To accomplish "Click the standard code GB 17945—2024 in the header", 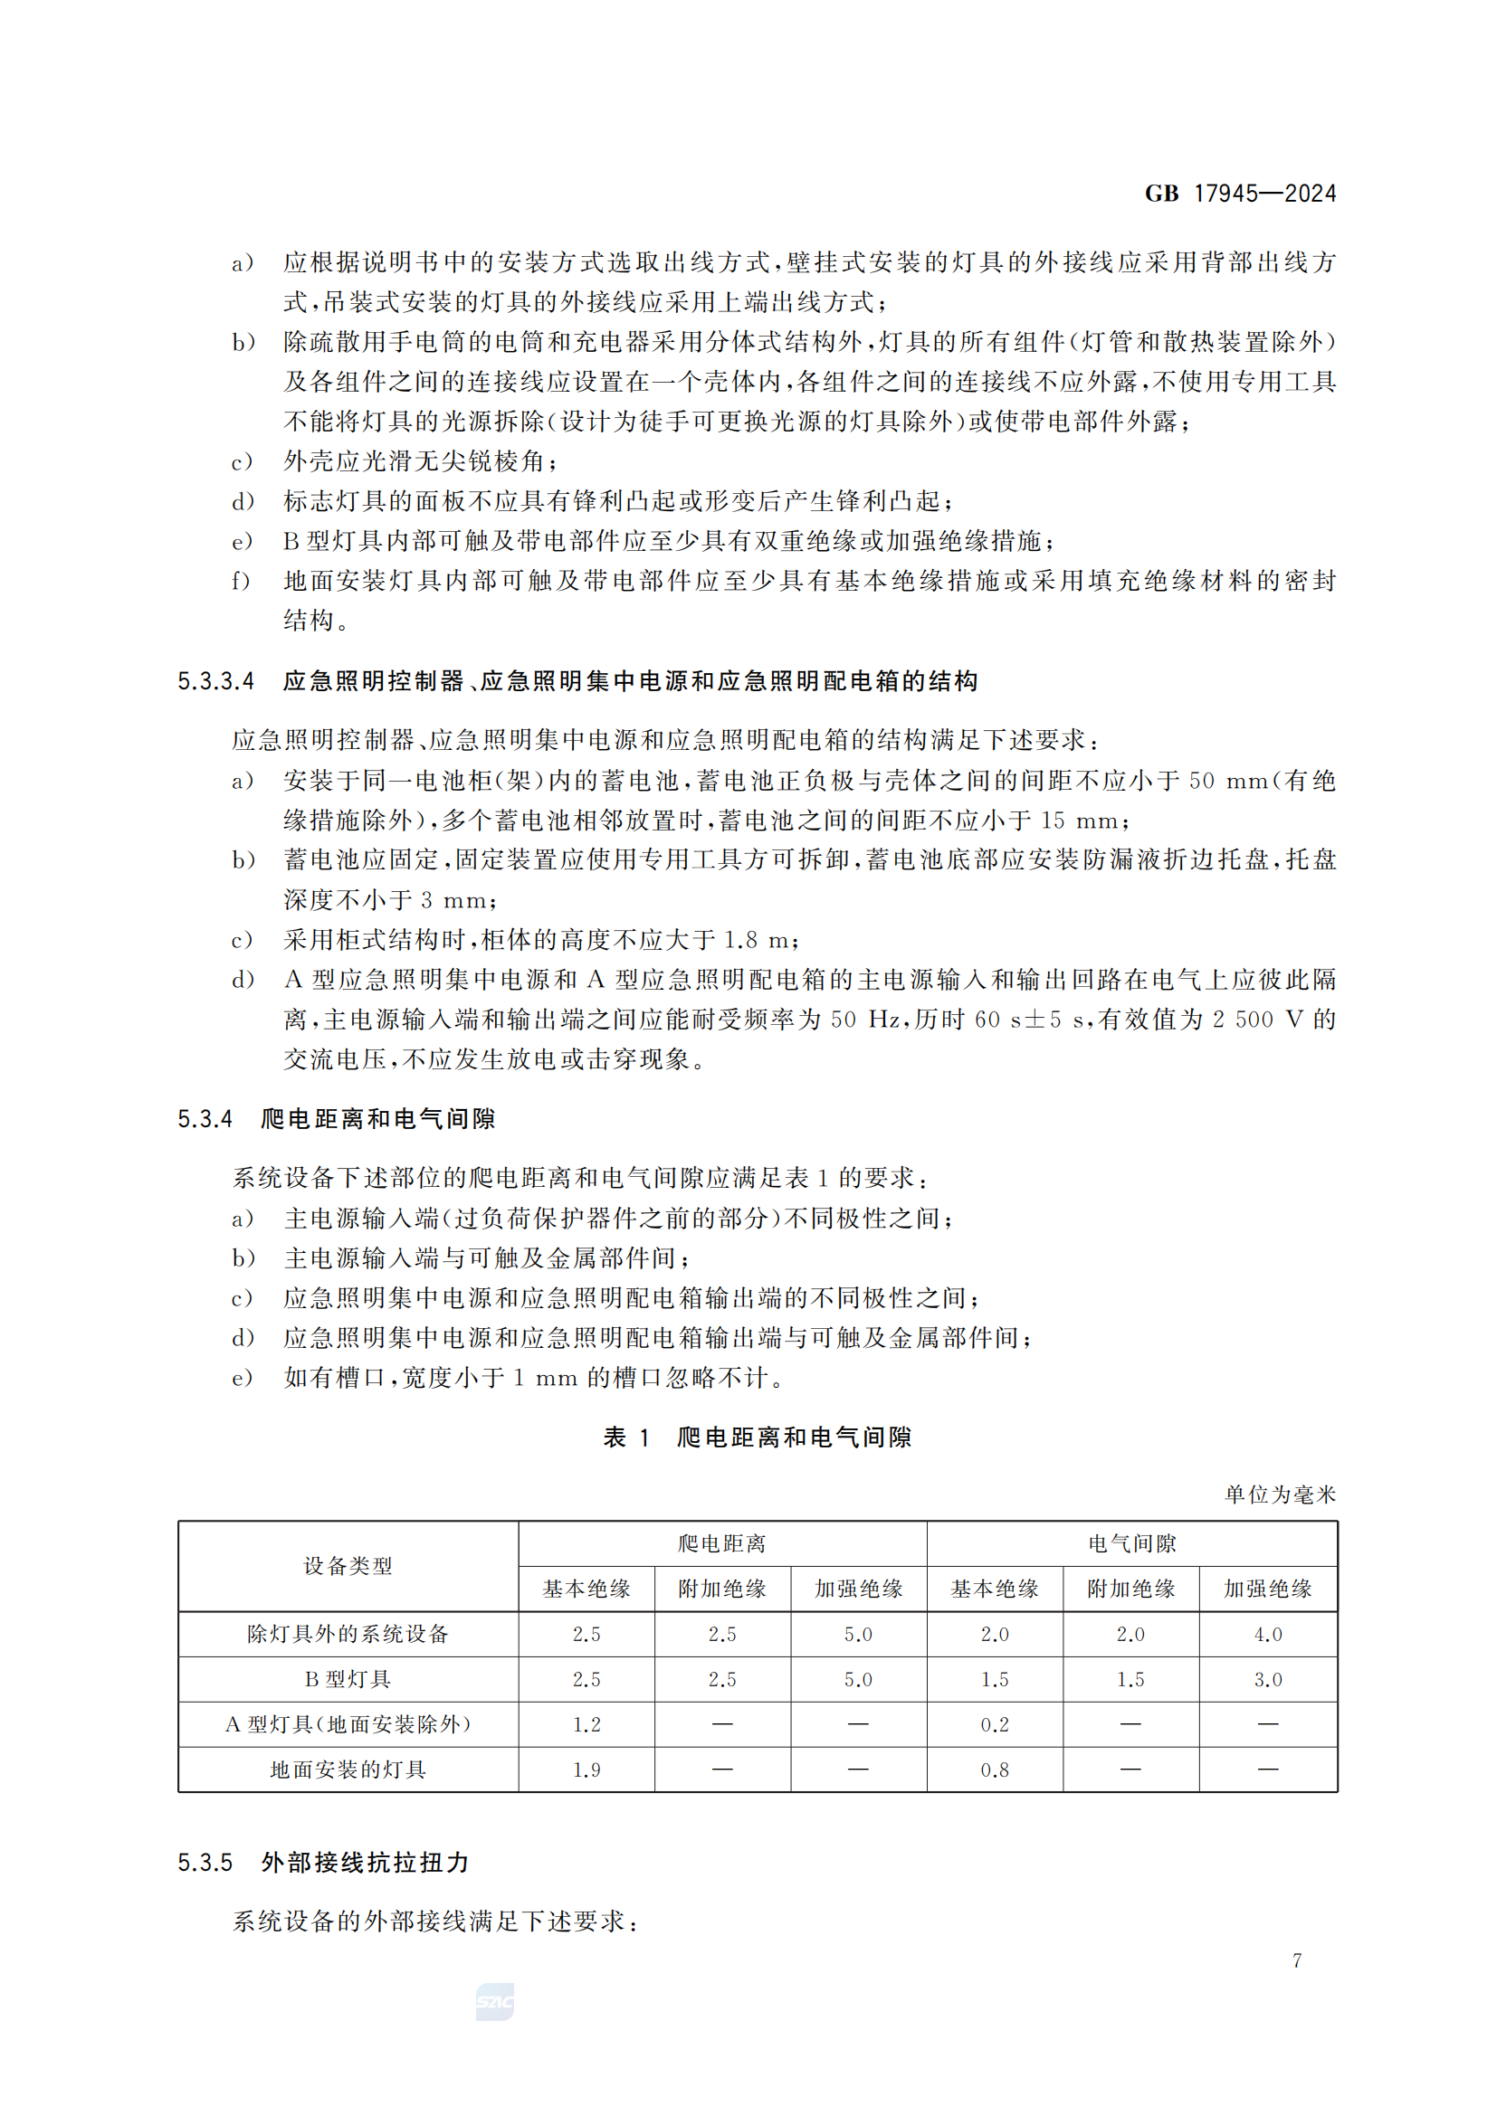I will (x=1240, y=194).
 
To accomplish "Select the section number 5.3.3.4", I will (x=215, y=681).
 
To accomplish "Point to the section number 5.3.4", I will (x=205, y=1119).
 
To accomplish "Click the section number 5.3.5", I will (x=205, y=1863).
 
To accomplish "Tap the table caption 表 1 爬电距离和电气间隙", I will (x=757, y=1437).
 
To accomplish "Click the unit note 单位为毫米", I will (x=1280, y=1494).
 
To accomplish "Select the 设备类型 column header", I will (x=348, y=1566).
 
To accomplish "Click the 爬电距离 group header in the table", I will (x=721, y=1543).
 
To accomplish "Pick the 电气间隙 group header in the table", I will (x=1131, y=1543).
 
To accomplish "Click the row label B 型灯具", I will (x=348, y=1679).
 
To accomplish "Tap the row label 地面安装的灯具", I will (x=348, y=1770).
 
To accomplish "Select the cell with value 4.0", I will (x=1267, y=1634).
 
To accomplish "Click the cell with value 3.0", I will (x=1267, y=1679).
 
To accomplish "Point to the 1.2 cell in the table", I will (x=586, y=1724).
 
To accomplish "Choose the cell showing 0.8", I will (x=995, y=1770).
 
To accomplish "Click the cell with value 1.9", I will (x=586, y=1770).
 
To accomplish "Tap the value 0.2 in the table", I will (x=995, y=1724).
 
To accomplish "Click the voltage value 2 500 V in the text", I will (x=1257, y=1020).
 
